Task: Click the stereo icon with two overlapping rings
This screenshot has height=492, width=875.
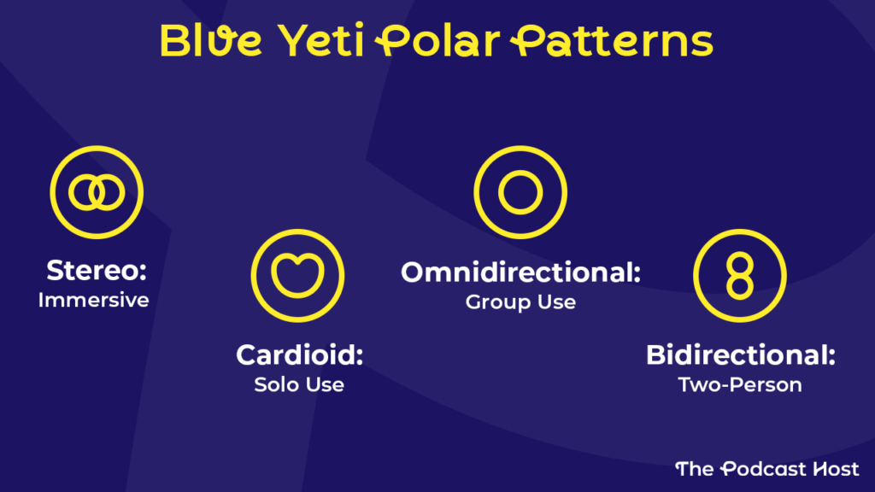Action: click(x=97, y=192)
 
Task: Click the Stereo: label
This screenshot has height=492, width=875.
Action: click(x=97, y=272)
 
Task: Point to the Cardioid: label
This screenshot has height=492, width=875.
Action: click(x=299, y=354)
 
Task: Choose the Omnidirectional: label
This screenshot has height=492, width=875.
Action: click(x=520, y=272)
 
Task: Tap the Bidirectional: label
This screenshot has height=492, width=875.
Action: click(x=740, y=354)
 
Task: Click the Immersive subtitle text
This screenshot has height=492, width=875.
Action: click(x=93, y=301)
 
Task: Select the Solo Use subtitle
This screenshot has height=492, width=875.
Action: click(x=299, y=384)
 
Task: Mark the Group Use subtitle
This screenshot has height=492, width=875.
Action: click(x=520, y=302)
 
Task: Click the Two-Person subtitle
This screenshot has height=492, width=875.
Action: click(x=740, y=384)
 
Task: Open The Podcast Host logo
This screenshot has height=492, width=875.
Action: click(x=766, y=468)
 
